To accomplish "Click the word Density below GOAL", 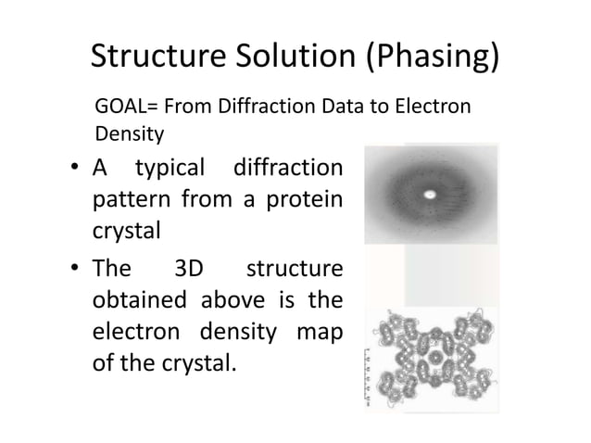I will (x=129, y=134).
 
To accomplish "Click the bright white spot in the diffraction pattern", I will (x=430, y=195).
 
